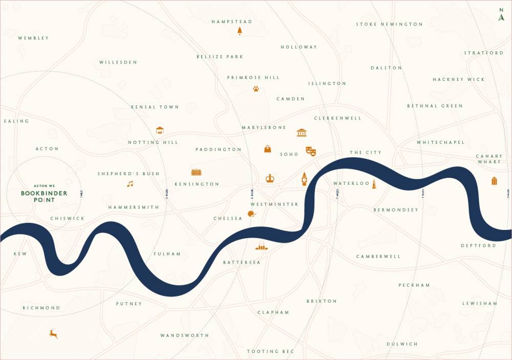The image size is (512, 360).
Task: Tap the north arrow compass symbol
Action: [x=501, y=15]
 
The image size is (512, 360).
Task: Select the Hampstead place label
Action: [x=232, y=22]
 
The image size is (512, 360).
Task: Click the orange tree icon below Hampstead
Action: [x=240, y=31]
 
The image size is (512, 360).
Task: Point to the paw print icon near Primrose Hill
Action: [x=255, y=89]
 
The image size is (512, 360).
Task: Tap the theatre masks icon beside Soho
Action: [x=311, y=151]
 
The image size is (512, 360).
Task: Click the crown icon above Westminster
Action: [x=270, y=178]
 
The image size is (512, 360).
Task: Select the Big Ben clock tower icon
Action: [x=304, y=179]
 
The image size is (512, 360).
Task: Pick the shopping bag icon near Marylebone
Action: [x=267, y=149]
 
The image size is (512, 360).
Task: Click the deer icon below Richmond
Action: [x=53, y=334]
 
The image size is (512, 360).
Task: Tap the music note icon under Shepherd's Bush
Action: [x=130, y=184]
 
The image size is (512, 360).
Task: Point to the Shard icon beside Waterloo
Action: [x=374, y=184]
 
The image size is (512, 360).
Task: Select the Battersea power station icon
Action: [x=262, y=247]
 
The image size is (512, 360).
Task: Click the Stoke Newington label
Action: [x=390, y=24]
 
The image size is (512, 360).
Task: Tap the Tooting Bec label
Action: [x=270, y=351]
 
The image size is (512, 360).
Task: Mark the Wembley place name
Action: [x=33, y=38]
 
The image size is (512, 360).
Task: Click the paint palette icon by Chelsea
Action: [x=251, y=214]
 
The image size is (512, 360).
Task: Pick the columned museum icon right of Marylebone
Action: [x=302, y=133]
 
